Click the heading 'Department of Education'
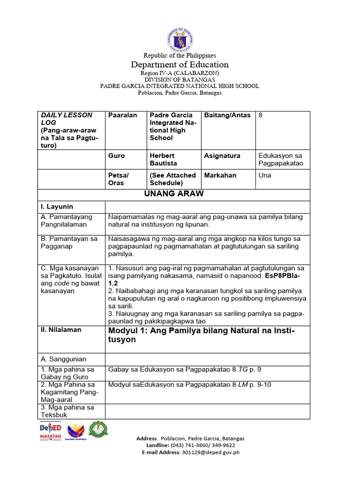[x=180, y=65]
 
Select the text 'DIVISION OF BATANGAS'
[x=180, y=80]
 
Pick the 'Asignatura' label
[x=222, y=156]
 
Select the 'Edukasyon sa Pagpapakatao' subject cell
[x=281, y=159]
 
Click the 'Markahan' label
[x=220, y=175]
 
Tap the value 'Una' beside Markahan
[x=265, y=175]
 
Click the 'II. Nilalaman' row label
[x=61, y=330]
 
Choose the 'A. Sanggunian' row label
[x=64, y=359]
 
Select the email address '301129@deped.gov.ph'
[x=212, y=452]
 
